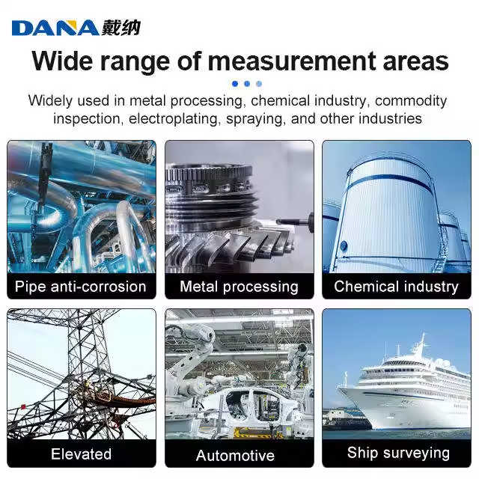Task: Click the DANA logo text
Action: (55, 28)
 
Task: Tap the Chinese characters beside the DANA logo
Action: (120, 28)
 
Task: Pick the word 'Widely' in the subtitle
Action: (51, 100)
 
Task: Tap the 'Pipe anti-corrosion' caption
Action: (81, 286)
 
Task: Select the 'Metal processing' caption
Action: (239, 286)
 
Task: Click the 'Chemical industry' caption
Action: (396, 286)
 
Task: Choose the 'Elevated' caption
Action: (81, 454)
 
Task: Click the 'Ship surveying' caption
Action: (398, 452)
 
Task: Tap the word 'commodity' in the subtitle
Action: (410, 100)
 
